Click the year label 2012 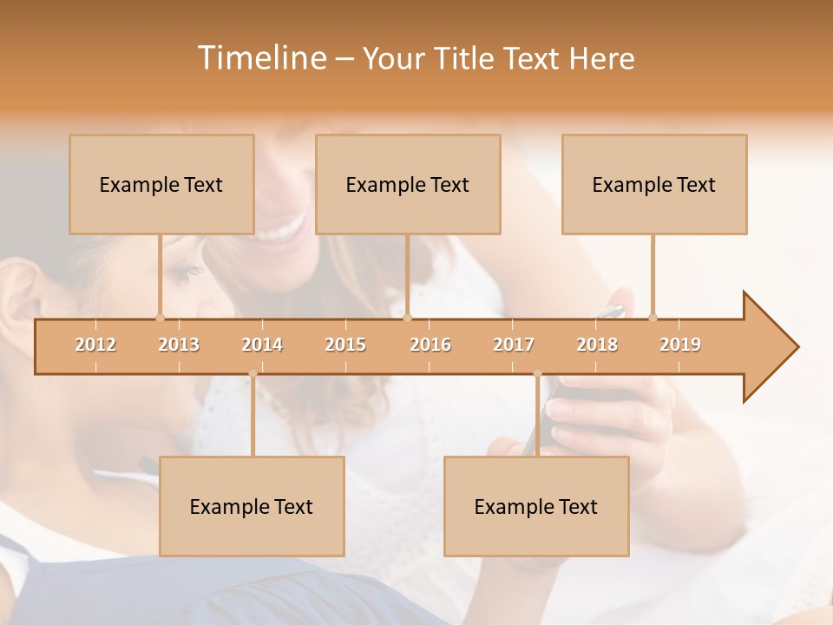(x=95, y=345)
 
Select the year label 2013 (x=179, y=345)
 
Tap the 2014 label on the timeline (x=262, y=345)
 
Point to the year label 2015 (x=345, y=345)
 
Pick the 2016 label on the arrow (x=430, y=345)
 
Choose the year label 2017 (x=514, y=345)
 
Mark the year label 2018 (x=597, y=345)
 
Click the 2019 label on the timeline (x=680, y=345)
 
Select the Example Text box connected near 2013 (x=161, y=184)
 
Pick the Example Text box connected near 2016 (x=408, y=184)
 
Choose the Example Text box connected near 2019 (x=654, y=184)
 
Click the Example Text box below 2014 (x=252, y=506)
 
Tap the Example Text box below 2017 (x=536, y=506)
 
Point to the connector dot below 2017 (x=537, y=374)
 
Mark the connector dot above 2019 (x=653, y=318)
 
